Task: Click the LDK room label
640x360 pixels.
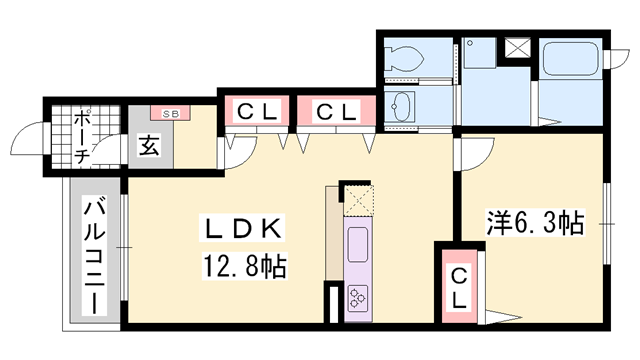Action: click(246, 229)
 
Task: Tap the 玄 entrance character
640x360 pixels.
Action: click(148, 146)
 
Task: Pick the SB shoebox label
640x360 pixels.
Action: click(166, 113)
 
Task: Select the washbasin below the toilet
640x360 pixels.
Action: click(402, 105)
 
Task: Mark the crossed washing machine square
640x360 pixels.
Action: click(519, 47)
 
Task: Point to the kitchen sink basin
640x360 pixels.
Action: click(357, 243)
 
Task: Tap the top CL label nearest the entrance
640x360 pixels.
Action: click(254, 110)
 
